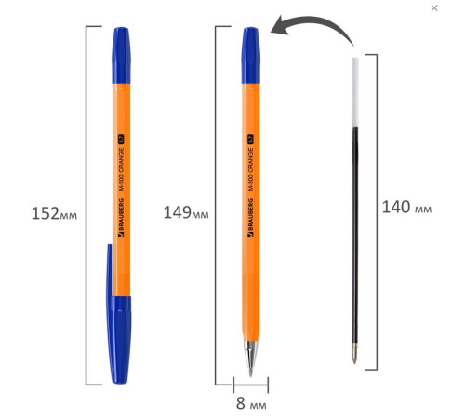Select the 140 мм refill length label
click(x=405, y=207)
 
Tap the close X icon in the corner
click(x=434, y=8)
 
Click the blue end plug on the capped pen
click(x=117, y=43)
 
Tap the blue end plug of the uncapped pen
click(x=250, y=43)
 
